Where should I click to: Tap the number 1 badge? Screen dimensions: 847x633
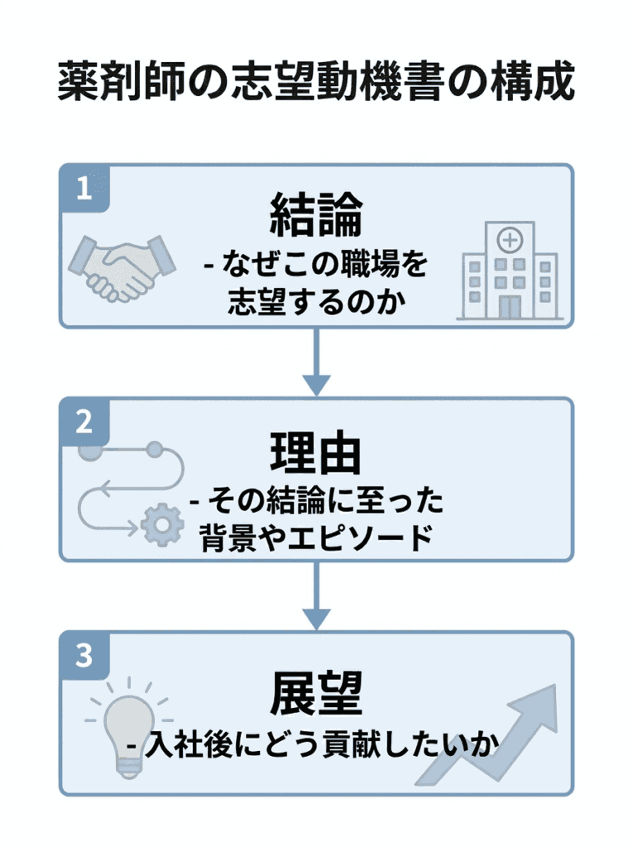84,189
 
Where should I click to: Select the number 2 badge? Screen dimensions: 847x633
84,422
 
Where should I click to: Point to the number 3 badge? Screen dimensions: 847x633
84,656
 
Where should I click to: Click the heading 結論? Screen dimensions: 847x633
316,215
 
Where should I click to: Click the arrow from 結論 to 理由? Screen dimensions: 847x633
316,362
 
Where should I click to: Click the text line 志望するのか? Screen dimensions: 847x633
316,302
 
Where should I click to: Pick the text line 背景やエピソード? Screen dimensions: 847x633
316,538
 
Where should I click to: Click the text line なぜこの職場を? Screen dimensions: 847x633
316,266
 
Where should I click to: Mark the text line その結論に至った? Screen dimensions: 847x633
316,501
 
